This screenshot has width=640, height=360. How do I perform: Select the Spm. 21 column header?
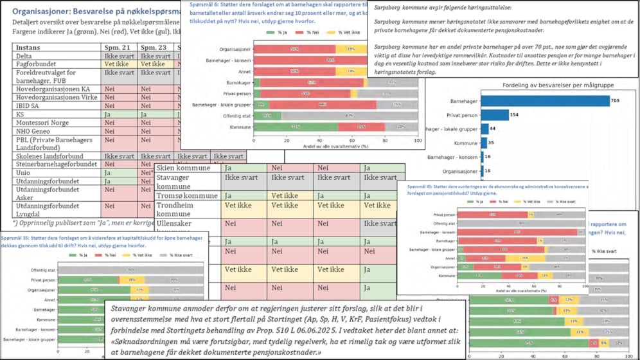[117, 48]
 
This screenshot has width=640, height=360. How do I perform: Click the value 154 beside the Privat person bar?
[514, 115]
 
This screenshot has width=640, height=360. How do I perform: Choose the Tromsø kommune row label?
[187, 195]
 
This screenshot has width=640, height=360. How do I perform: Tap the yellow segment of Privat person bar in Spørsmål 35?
[132, 280]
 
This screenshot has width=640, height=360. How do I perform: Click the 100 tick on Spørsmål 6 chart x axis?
[418, 140]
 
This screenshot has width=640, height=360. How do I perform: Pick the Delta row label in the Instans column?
[24, 56]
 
